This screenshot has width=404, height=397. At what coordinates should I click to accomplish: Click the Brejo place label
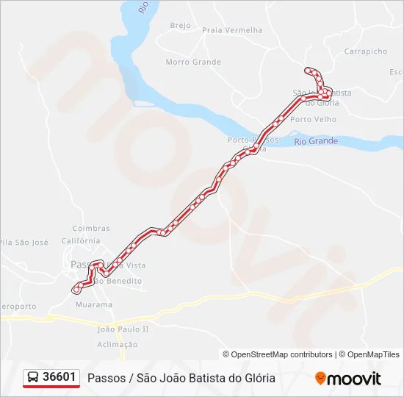coord(180,25)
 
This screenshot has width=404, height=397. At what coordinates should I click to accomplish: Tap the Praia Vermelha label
coord(231,30)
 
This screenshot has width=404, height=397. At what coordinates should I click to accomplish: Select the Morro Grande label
coord(193,62)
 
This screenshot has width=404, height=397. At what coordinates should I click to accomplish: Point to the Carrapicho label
coord(365,51)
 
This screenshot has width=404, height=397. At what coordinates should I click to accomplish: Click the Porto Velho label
coord(313,119)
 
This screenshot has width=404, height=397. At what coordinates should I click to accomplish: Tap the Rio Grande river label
coord(315,140)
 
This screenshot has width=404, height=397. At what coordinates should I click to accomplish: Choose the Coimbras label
coord(91,229)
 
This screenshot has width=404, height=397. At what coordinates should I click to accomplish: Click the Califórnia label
coord(81,240)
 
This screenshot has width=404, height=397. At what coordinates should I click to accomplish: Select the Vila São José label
coord(24,242)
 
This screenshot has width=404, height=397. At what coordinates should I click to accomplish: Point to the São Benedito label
coord(118,281)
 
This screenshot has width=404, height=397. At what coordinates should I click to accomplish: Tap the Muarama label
coord(94,304)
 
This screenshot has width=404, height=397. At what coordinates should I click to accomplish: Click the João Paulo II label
coord(123,329)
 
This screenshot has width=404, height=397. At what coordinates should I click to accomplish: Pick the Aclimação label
coord(117,344)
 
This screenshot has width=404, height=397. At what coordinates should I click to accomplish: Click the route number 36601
coord(59,377)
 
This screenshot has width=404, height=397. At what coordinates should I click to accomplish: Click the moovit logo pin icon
coord(320,378)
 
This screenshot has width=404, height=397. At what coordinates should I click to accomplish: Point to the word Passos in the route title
coord(105,378)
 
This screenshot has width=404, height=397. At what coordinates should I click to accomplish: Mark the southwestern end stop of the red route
coord(76,290)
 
